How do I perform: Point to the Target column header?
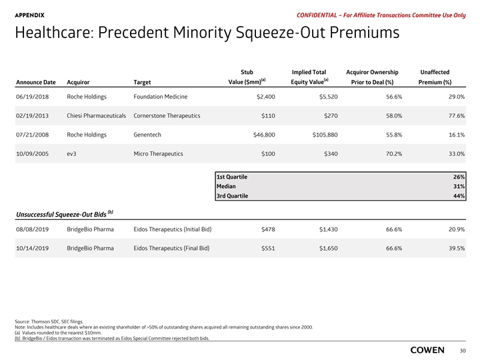142,83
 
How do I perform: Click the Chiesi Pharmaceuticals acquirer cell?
97,115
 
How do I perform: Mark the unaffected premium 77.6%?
453,115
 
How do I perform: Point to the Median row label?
225,187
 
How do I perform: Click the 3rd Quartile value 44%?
458,196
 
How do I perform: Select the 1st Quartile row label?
231,177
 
